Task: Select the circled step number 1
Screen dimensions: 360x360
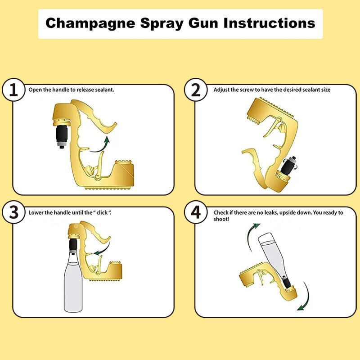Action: click(x=14, y=90)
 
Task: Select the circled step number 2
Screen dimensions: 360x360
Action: click(x=196, y=90)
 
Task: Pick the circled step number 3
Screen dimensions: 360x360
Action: click(x=14, y=212)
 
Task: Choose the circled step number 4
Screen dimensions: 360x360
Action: click(x=196, y=212)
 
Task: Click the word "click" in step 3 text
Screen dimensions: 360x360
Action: click(x=103, y=212)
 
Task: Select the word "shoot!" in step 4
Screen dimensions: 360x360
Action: click(x=221, y=219)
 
